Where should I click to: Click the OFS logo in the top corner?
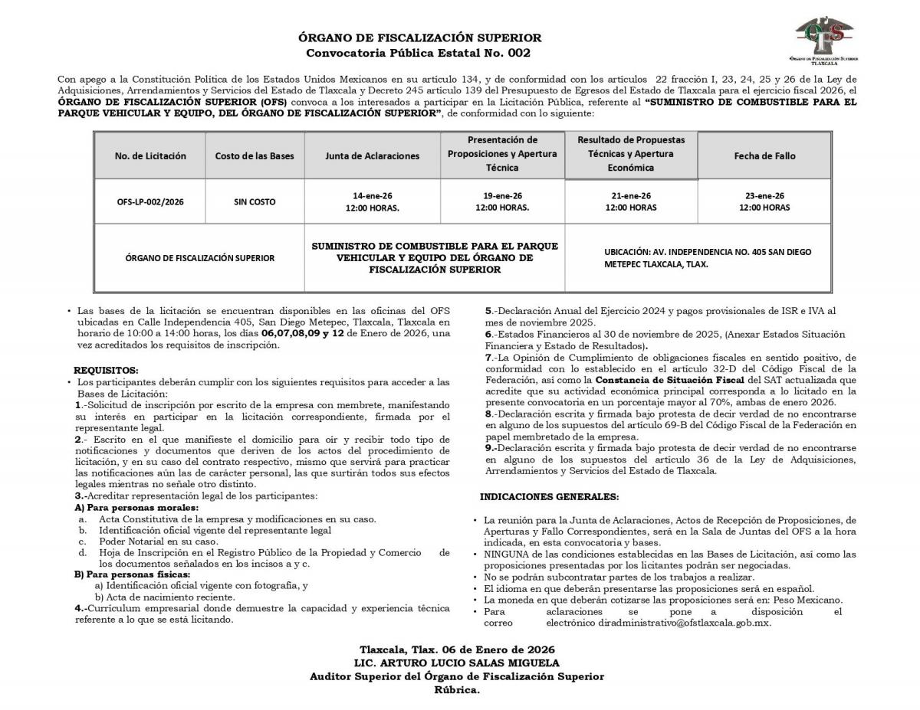[823, 38]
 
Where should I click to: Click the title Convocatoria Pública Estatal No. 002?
[418, 53]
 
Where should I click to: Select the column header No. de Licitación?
[150, 155]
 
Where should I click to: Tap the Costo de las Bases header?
[255, 155]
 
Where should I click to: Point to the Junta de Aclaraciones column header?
[373, 155]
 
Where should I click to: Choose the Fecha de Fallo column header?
[764, 155]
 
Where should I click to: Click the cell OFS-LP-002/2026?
[150, 202]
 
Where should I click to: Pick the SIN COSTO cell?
[255, 202]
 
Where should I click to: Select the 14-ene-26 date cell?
[373, 201]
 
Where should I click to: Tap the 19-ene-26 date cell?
[502, 201]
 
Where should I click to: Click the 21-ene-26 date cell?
[631, 201]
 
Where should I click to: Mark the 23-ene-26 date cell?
[764, 201]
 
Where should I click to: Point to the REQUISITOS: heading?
[106, 370]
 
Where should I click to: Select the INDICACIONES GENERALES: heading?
[549, 497]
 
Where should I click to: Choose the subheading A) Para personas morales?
[136, 508]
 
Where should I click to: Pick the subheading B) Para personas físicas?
[132, 574]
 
